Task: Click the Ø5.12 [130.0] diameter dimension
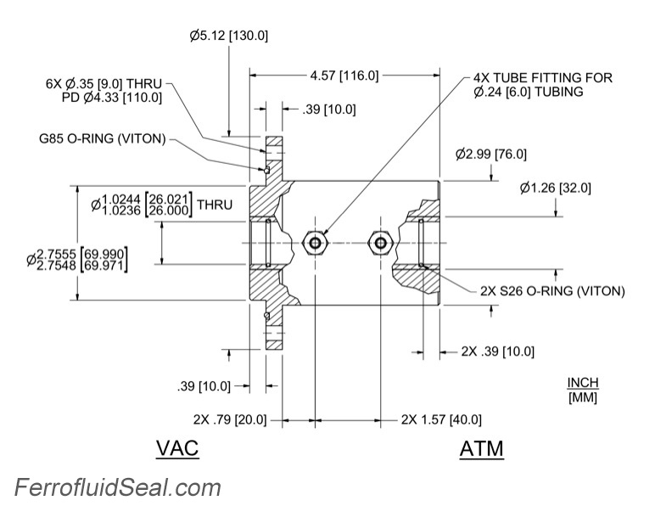(229, 36)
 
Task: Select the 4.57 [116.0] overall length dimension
(344, 76)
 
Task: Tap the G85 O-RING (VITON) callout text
(103, 138)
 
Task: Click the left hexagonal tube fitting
(316, 244)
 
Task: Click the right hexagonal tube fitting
(379, 244)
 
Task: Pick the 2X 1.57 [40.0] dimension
(441, 419)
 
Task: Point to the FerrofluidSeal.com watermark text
(117, 488)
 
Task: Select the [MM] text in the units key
(582, 396)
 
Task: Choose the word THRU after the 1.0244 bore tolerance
(214, 205)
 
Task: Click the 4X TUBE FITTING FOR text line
(543, 77)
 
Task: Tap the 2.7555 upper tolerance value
(55, 253)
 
